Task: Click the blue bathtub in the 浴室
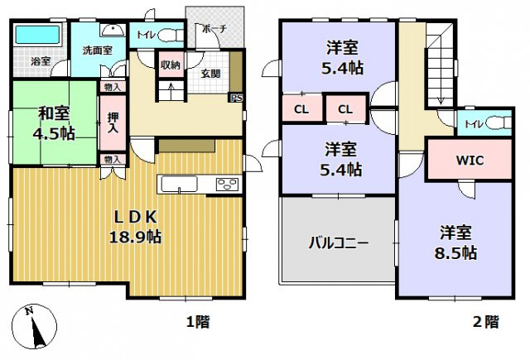[x=39, y=36]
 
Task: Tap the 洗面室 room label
[x=97, y=50]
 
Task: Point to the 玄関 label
[x=210, y=72]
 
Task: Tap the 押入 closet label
[x=112, y=121]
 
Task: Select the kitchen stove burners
[x=228, y=184]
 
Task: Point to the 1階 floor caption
[x=196, y=321]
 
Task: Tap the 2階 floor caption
[x=485, y=321]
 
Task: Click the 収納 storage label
[x=171, y=65]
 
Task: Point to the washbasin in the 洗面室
[x=108, y=29]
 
